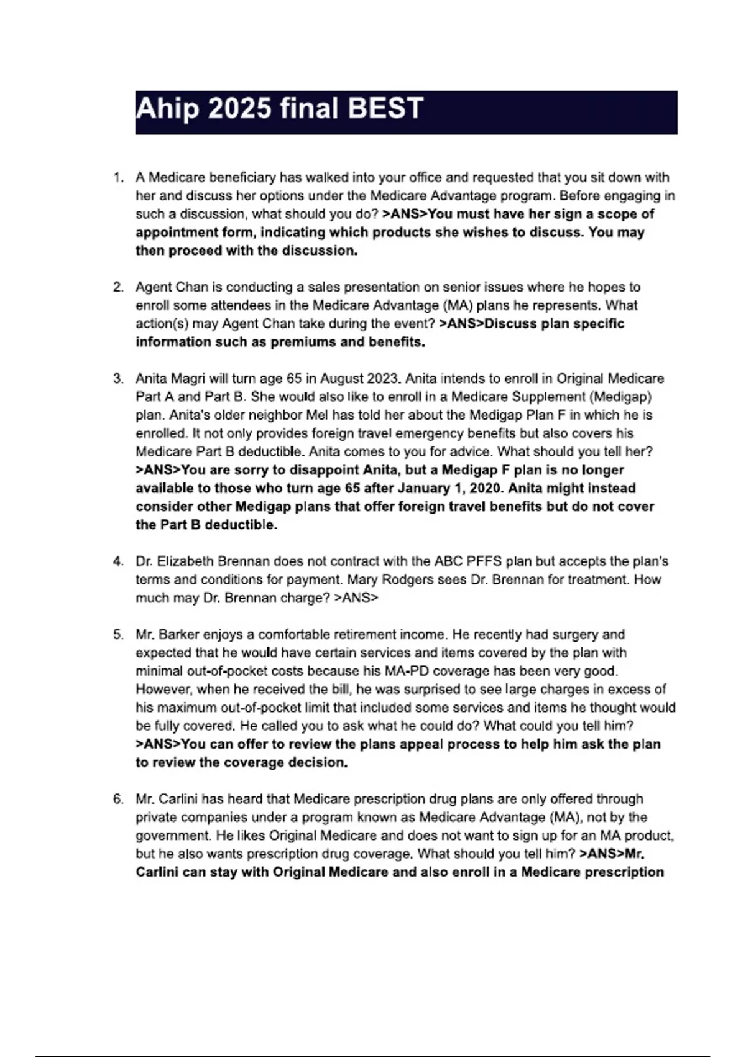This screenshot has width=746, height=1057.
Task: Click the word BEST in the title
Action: (385, 108)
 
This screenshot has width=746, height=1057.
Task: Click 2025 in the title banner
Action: (239, 108)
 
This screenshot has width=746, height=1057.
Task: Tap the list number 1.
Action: (117, 178)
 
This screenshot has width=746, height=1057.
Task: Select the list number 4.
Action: (117, 561)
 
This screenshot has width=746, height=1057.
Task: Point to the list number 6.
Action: (117, 799)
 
